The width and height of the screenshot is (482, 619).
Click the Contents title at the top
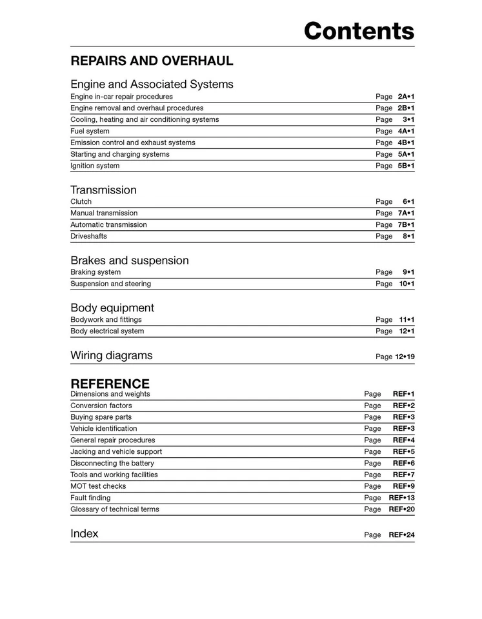(x=359, y=30)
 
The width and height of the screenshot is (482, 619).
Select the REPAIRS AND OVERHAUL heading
(x=152, y=61)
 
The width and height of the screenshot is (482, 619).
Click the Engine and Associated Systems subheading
(x=152, y=84)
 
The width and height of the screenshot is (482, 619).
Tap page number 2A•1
(x=406, y=97)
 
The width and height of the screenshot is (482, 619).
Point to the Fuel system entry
(x=90, y=132)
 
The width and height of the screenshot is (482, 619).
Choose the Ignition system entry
(x=95, y=166)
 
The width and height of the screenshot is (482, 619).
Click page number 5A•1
(x=406, y=155)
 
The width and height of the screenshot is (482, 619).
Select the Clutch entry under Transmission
(x=81, y=202)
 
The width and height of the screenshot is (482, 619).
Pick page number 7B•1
(x=406, y=225)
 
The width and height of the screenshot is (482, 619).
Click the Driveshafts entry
(x=89, y=237)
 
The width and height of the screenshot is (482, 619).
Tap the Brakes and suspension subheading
(x=130, y=260)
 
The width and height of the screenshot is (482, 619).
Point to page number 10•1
(x=407, y=284)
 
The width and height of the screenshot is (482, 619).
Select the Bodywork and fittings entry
(x=106, y=320)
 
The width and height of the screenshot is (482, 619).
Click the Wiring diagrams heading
(x=112, y=355)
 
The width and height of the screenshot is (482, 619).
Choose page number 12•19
(x=405, y=357)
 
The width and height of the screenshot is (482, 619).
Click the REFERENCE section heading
(x=110, y=384)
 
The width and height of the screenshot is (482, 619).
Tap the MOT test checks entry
(x=98, y=486)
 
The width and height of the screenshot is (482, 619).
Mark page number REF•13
(x=401, y=498)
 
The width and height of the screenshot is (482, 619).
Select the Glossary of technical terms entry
(x=115, y=509)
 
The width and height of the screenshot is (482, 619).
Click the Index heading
(x=85, y=534)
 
